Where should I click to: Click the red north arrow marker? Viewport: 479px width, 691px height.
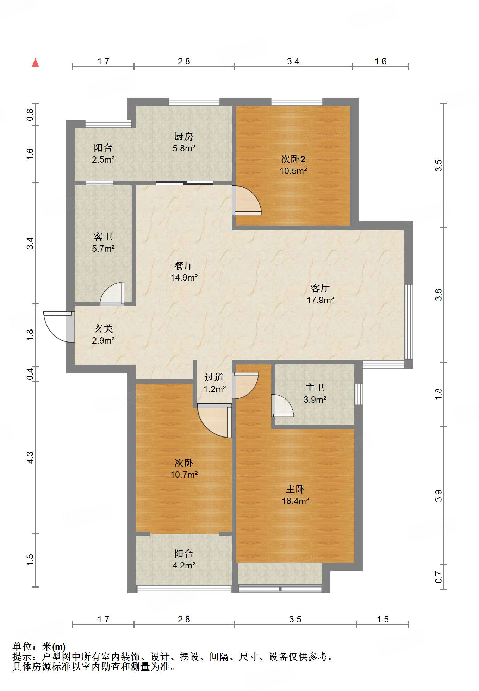(x=35, y=63)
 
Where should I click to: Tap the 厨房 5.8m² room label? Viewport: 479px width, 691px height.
(x=184, y=142)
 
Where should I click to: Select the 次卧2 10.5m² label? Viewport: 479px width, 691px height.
(x=293, y=165)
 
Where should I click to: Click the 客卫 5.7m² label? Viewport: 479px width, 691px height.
(x=103, y=243)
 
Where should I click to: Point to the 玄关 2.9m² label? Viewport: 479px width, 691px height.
(x=103, y=334)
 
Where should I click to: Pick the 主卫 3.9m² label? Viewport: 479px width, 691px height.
(x=315, y=394)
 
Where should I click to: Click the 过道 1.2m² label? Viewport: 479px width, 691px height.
(x=214, y=383)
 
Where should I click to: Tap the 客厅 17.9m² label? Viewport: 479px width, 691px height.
(x=320, y=294)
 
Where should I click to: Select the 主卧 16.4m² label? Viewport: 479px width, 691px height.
(x=295, y=495)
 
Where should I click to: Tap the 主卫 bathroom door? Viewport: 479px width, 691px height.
(x=282, y=406)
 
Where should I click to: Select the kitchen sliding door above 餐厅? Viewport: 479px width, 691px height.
(x=185, y=182)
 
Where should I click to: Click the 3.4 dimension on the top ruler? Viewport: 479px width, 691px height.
(x=293, y=62)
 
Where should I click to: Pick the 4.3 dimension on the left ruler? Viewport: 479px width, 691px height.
(x=30, y=457)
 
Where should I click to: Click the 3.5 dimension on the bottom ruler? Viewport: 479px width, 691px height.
(x=295, y=619)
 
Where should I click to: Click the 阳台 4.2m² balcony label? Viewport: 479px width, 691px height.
(x=184, y=560)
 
